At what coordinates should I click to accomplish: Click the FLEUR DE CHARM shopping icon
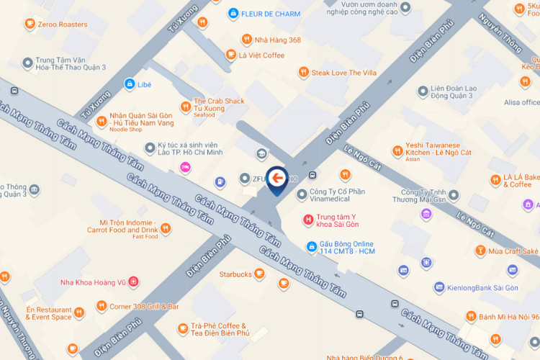[233, 13]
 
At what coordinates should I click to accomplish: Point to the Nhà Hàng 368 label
[279, 40]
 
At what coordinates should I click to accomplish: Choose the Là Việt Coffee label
[261, 55]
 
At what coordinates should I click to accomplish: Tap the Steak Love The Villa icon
[303, 73]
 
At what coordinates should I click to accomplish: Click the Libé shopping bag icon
[129, 84]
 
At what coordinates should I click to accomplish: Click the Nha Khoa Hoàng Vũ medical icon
[134, 282]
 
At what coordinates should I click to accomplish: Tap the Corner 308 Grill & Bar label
[144, 306]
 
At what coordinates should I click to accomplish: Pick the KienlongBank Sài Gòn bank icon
[438, 288]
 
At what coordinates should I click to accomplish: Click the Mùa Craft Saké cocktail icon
[480, 251]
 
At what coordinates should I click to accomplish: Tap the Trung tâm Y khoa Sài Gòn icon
[309, 220]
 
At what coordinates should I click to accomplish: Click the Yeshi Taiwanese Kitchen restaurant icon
[397, 151]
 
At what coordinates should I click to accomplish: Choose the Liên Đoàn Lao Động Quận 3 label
[451, 91]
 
